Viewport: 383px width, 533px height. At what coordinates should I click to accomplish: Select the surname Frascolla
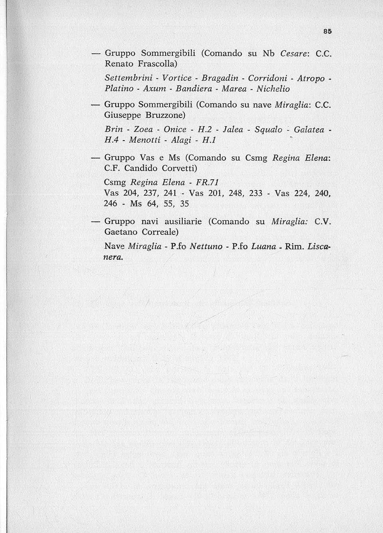(x=158, y=64)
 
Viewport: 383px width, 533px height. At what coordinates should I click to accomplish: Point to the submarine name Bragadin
(x=220, y=78)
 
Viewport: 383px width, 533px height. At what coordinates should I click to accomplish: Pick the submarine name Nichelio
(x=273, y=88)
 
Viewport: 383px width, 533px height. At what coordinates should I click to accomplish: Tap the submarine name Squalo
(x=268, y=130)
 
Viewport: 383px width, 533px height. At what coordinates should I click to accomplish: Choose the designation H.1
(x=209, y=140)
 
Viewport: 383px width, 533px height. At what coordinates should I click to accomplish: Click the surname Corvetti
(x=176, y=168)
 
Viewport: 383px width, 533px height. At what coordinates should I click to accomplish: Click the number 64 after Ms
(x=152, y=204)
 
